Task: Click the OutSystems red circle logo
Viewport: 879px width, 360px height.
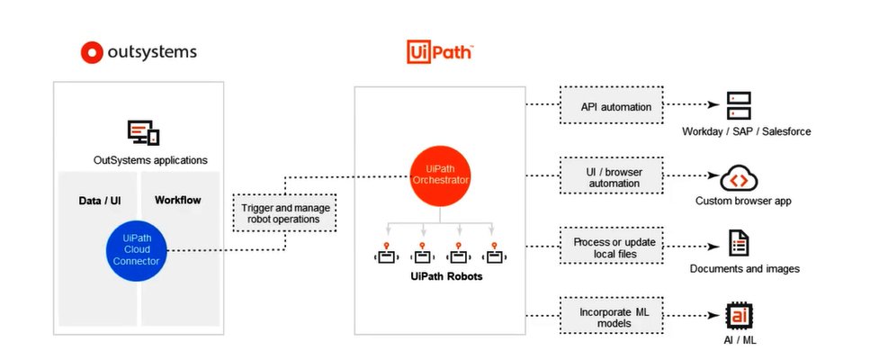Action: tap(93, 53)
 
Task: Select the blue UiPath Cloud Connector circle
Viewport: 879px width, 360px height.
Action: tap(135, 249)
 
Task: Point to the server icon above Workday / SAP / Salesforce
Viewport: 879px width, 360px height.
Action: tap(739, 106)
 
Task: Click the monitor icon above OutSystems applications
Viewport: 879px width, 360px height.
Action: tap(144, 133)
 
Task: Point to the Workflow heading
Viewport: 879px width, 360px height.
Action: tap(178, 199)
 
